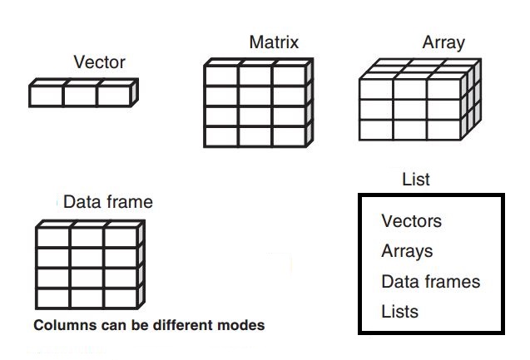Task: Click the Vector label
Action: [99, 62]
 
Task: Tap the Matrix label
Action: [274, 42]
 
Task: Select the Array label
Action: [443, 42]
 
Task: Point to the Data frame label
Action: [108, 202]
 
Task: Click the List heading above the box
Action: [415, 180]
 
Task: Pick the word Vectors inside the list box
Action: [411, 221]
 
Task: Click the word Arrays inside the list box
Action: [407, 251]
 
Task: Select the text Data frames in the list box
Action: [430, 282]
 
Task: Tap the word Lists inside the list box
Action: [399, 312]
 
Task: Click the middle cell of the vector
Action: [80, 96]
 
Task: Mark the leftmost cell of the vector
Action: [46, 96]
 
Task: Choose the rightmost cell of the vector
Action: [114, 96]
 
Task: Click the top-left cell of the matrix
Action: [221, 76]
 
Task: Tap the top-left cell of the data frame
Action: [53, 239]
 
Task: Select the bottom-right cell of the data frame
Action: [121, 298]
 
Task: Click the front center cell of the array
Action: [410, 109]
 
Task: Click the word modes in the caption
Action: [242, 325]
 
